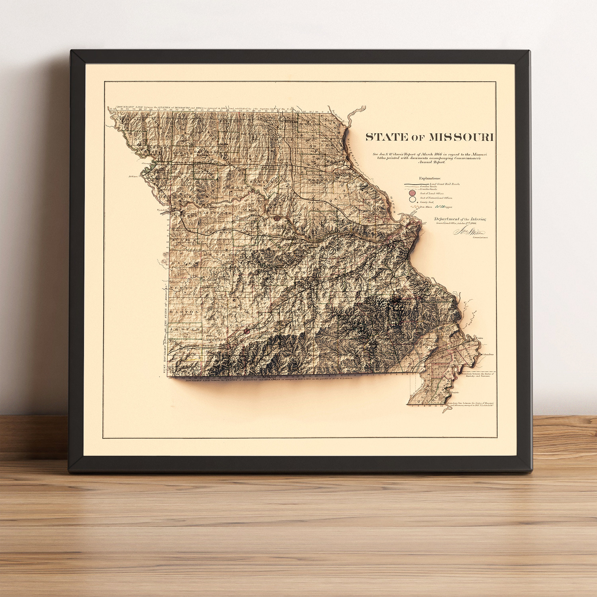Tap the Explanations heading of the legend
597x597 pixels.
pyautogui.click(x=430, y=178)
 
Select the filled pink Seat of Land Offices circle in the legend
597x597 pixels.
pyautogui.click(x=412, y=193)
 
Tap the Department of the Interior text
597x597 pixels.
pyautogui.click(x=460, y=219)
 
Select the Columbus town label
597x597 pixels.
pyautogui.click(x=488, y=354)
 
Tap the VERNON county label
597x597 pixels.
pyautogui.click(x=186, y=288)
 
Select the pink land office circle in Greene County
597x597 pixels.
pyautogui.click(x=247, y=331)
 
